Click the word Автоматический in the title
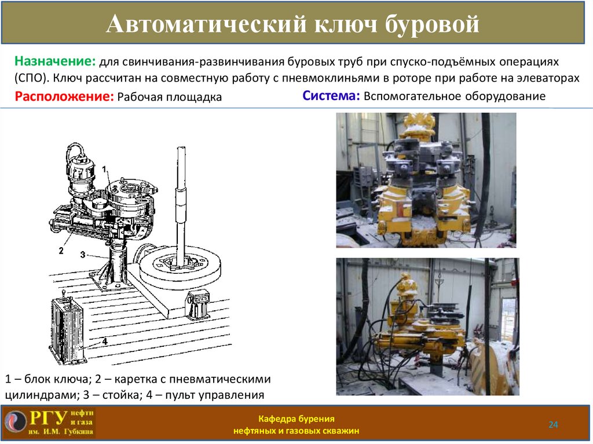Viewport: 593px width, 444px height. [x=207, y=24]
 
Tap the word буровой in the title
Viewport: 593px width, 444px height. [x=432, y=24]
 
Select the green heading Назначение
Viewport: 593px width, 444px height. [x=55, y=61]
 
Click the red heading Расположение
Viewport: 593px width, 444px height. [x=64, y=97]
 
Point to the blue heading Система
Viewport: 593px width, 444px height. [x=331, y=96]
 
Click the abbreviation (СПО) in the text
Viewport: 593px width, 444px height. [x=32, y=78]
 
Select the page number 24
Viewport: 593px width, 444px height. [x=553, y=425]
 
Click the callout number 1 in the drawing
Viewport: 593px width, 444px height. [x=105, y=169]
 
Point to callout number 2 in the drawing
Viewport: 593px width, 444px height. [x=61, y=250]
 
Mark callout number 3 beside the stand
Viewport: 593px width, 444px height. [x=83, y=255]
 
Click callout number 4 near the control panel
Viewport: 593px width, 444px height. [x=105, y=342]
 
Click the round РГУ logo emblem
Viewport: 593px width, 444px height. [x=16, y=422]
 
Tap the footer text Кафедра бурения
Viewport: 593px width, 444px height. [x=296, y=419]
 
